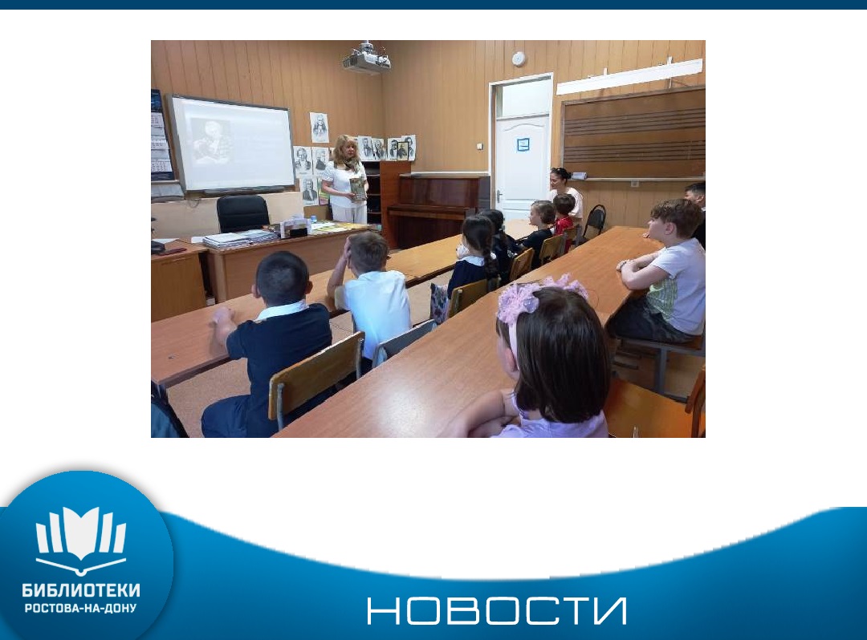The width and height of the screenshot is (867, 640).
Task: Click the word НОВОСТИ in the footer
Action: [497, 611]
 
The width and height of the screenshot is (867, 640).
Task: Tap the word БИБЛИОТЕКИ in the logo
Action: [81, 591]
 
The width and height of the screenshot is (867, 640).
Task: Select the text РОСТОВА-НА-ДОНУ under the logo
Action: [81, 609]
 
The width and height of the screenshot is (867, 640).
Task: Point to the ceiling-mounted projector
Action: [366, 58]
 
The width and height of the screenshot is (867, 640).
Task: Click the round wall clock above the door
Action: [518, 59]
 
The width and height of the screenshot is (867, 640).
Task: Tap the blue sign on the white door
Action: [523, 144]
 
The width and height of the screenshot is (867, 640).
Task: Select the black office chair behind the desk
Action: [242, 213]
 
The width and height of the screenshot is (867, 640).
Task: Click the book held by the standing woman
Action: [358, 188]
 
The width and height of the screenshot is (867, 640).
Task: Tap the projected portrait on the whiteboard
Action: [210, 141]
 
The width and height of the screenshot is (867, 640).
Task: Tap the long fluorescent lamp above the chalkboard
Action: [629, 76]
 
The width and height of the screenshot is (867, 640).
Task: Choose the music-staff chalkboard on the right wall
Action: [633, 134]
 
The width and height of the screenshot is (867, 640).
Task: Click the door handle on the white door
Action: [499, 196]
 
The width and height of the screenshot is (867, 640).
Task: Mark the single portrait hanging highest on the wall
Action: [319, 128]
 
